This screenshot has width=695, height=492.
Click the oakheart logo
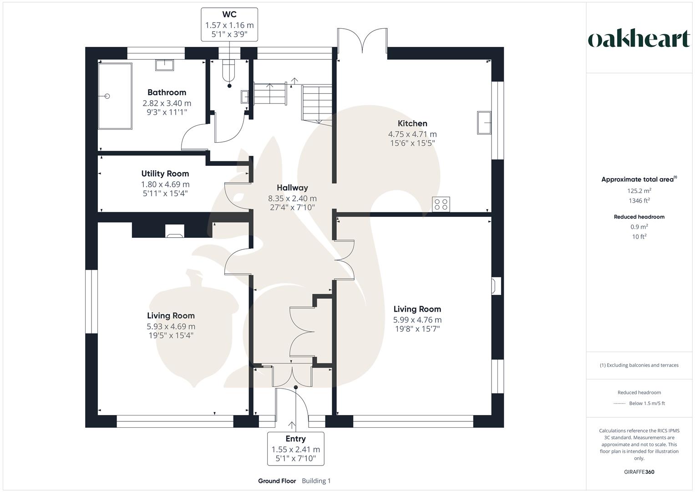639,39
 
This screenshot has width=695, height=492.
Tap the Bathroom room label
167,92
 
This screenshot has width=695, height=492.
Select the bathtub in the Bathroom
115,96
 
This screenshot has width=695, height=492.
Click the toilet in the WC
228,71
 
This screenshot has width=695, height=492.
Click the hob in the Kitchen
441,204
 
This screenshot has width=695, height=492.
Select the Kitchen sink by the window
484,122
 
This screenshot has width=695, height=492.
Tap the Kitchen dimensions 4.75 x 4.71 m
412,134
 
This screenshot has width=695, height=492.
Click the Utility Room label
165,174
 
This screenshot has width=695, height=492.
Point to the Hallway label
292,188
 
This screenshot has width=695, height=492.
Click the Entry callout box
295,448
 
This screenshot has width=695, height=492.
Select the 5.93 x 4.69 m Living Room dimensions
171,327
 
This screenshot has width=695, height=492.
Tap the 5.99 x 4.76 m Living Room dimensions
417,320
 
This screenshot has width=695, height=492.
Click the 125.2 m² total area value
639,191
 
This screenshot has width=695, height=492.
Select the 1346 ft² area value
639,200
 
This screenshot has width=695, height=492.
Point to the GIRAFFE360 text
639,472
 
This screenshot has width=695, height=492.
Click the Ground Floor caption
277,481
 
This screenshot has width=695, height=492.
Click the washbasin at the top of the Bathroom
164,65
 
